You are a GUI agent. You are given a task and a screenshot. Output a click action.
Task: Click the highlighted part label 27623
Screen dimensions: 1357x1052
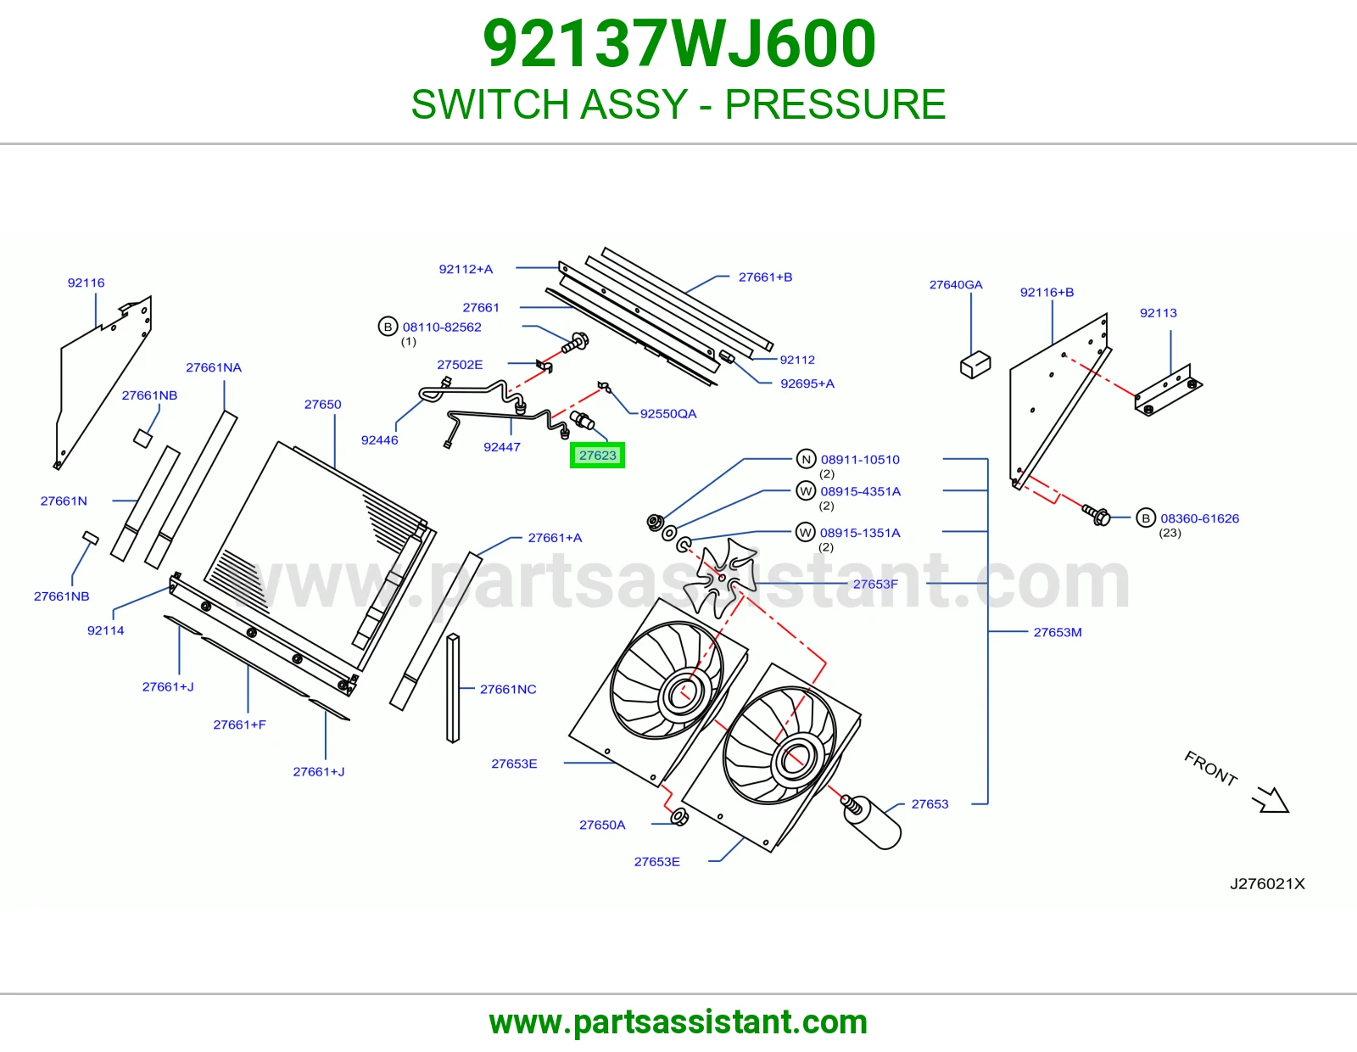pos(597,456)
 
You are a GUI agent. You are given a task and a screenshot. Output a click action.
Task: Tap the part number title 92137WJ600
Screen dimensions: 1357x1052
pos(678,43)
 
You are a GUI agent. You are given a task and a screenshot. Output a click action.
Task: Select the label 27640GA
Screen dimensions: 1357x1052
pos(956,285)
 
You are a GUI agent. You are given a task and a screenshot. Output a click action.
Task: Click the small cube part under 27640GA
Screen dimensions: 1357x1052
pos(974,365)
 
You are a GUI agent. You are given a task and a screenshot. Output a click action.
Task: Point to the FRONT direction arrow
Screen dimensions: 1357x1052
pos(1270,799)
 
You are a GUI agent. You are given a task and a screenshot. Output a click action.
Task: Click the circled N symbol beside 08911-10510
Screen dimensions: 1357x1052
pos(807,459)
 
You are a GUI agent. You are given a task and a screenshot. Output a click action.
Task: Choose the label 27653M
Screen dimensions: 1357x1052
pos(1058,632)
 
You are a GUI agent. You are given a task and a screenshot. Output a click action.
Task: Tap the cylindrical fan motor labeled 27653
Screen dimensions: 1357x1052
pos(872,822)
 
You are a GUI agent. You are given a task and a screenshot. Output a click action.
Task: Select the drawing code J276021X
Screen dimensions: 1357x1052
pos(1267,884)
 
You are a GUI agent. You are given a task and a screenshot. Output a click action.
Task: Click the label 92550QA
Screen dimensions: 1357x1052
pos(667,413)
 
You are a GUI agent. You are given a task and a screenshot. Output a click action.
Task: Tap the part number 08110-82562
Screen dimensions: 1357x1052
pos(442,327)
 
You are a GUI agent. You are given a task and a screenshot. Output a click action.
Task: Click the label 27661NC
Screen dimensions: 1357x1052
pos(508,689)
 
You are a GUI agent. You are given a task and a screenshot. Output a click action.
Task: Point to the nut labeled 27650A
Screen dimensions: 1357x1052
pos(679,816)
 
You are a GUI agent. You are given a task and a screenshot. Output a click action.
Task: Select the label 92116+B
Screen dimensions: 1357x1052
pos(1047,293)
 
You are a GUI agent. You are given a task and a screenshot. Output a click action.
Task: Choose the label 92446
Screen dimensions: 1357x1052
pos(379,439)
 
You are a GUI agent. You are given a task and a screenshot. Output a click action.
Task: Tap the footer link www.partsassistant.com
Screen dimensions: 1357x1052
pos(678,1022)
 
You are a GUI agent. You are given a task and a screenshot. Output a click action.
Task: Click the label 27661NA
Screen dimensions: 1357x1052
pos(214,367)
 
